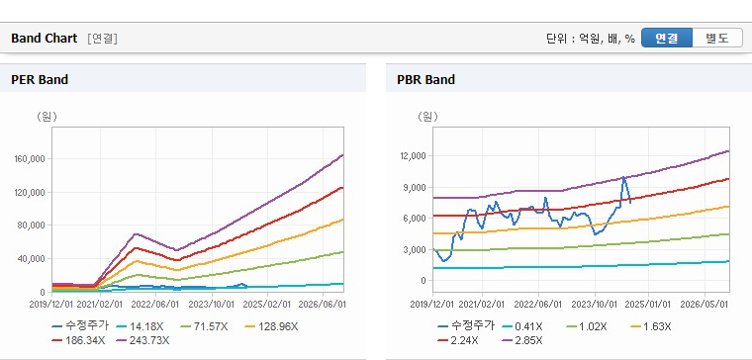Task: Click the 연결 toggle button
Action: click(x=667, y=38)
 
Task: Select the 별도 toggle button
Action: click(x=717, y=38)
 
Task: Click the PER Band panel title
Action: click(x=40, y=79)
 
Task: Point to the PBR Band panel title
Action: click(x=425, y=79)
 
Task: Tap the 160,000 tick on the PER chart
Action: click(x=31, y=158)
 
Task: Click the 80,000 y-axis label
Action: click(x=32, y=225)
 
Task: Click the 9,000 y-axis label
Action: click(x=417, y=187)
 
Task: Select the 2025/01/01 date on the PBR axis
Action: click(x=648, y=305)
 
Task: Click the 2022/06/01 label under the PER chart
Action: click(x=156, y=305)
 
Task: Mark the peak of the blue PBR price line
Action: click(x=623, y=177)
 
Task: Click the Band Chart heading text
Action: click(x=45, y=39)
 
